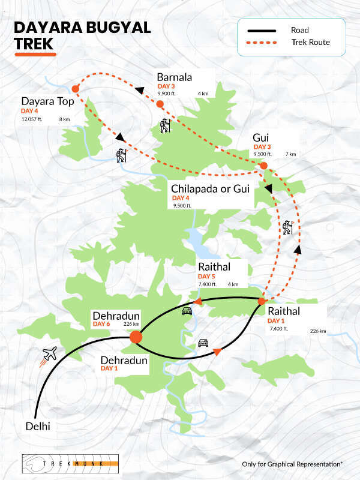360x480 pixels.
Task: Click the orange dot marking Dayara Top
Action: (75, 89)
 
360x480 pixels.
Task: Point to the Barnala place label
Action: (175, 77)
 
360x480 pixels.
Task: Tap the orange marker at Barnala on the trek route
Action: (160, 104)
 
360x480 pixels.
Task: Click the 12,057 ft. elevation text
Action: (34, 119)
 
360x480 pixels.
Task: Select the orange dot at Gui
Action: (263, 165)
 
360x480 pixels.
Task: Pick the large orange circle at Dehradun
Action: (136, 337)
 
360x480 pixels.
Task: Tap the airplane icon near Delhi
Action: (49, 355)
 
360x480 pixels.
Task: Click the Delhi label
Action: (38, 427)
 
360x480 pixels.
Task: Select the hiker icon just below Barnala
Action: (165, 126)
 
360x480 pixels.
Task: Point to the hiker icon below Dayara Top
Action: (122, 155)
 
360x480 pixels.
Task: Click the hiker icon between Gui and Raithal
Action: (287, 228)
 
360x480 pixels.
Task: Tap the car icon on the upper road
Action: (187, 311)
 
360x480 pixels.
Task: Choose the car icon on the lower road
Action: (203, 343)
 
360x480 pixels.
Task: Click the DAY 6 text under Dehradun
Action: (102, 325)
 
